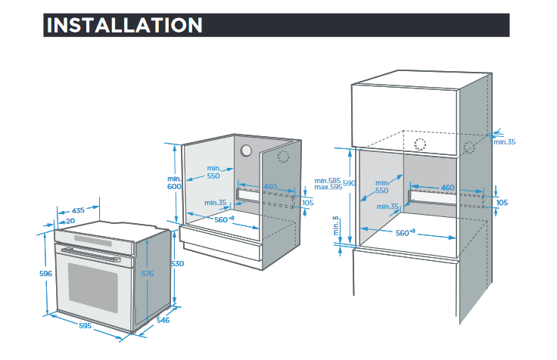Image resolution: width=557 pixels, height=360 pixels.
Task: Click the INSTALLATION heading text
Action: pos(124,25)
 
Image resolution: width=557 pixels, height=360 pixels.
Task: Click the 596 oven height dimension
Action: pos(45,273)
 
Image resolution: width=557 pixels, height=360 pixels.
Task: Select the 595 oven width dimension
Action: pos(85,325)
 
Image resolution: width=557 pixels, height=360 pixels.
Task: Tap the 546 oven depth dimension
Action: pos(163,320)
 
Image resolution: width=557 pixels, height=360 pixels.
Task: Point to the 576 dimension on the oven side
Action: pos(148,273)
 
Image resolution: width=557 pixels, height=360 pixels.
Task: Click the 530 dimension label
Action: pos(177,264)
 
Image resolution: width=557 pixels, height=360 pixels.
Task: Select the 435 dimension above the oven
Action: pos(78,210)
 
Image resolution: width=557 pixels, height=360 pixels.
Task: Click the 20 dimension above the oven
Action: pos(70,221)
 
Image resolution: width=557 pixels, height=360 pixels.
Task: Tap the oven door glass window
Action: pos(93,287)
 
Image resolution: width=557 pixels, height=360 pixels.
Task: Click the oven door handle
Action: pos(91,255)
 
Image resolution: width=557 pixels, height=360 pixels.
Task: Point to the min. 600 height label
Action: pos(174,182)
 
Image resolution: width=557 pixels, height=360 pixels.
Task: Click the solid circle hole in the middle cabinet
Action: pos(246,151)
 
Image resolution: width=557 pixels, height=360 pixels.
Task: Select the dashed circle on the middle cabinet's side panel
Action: pos(283,157)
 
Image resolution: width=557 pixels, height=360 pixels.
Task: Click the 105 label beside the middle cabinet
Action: pos(307,203)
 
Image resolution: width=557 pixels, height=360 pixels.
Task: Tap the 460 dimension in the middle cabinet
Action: pos(270,186)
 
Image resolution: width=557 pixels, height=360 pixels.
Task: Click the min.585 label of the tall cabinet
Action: pos(327,181)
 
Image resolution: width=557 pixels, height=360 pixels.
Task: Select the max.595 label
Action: pos(328,187)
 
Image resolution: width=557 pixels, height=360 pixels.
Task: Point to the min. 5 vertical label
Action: pos(336,226)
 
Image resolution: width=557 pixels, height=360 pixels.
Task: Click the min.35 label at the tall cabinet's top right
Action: pos(505,142)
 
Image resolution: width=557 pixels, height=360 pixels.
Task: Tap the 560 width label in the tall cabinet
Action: pos(406,232)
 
